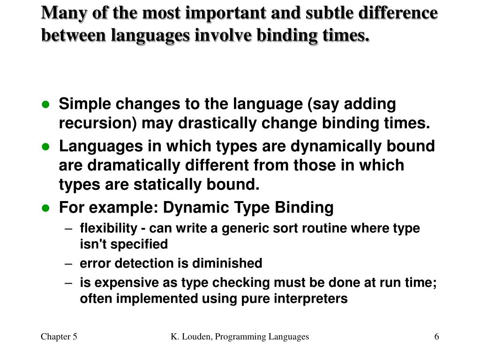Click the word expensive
122,283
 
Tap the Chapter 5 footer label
59,337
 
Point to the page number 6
437,337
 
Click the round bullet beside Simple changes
45,105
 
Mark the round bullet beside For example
45,208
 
